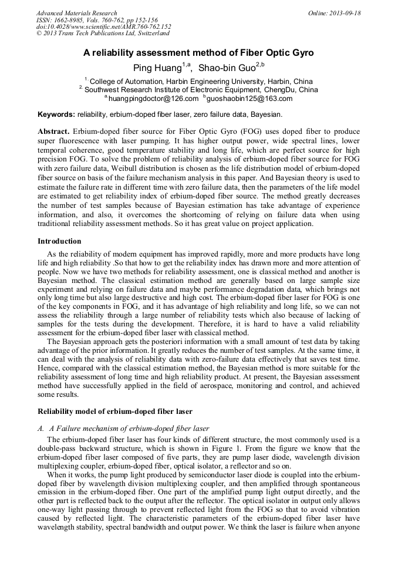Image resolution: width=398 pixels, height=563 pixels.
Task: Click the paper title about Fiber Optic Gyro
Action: tap(198, 53)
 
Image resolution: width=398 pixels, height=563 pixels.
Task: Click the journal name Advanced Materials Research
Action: tap(76, 13)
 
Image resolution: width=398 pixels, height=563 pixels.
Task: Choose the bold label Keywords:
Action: tap(56, 114)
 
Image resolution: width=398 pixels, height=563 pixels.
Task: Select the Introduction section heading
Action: tap(59, 241)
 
